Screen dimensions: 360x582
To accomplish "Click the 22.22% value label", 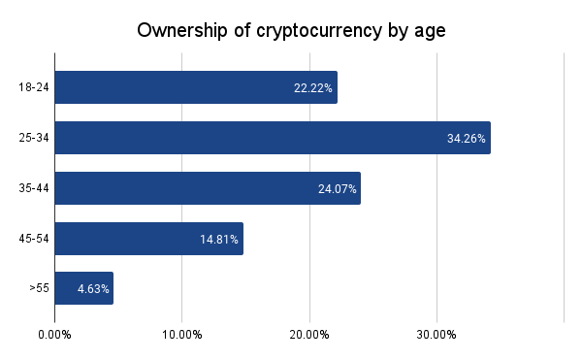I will [x=313, y=88].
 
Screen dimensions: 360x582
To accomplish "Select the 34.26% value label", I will [x=467, y=139].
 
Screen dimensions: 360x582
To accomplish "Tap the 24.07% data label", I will [x=338, y=188].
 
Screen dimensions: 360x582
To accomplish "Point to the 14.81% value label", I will [x=220, y=239].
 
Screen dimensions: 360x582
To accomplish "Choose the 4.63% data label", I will [x=94, y=289].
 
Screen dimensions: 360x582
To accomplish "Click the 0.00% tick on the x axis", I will [x=54, y=335].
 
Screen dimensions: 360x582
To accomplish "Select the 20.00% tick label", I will [x=309, y=335].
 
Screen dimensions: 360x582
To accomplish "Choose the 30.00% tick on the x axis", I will [x=436, y=335].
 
